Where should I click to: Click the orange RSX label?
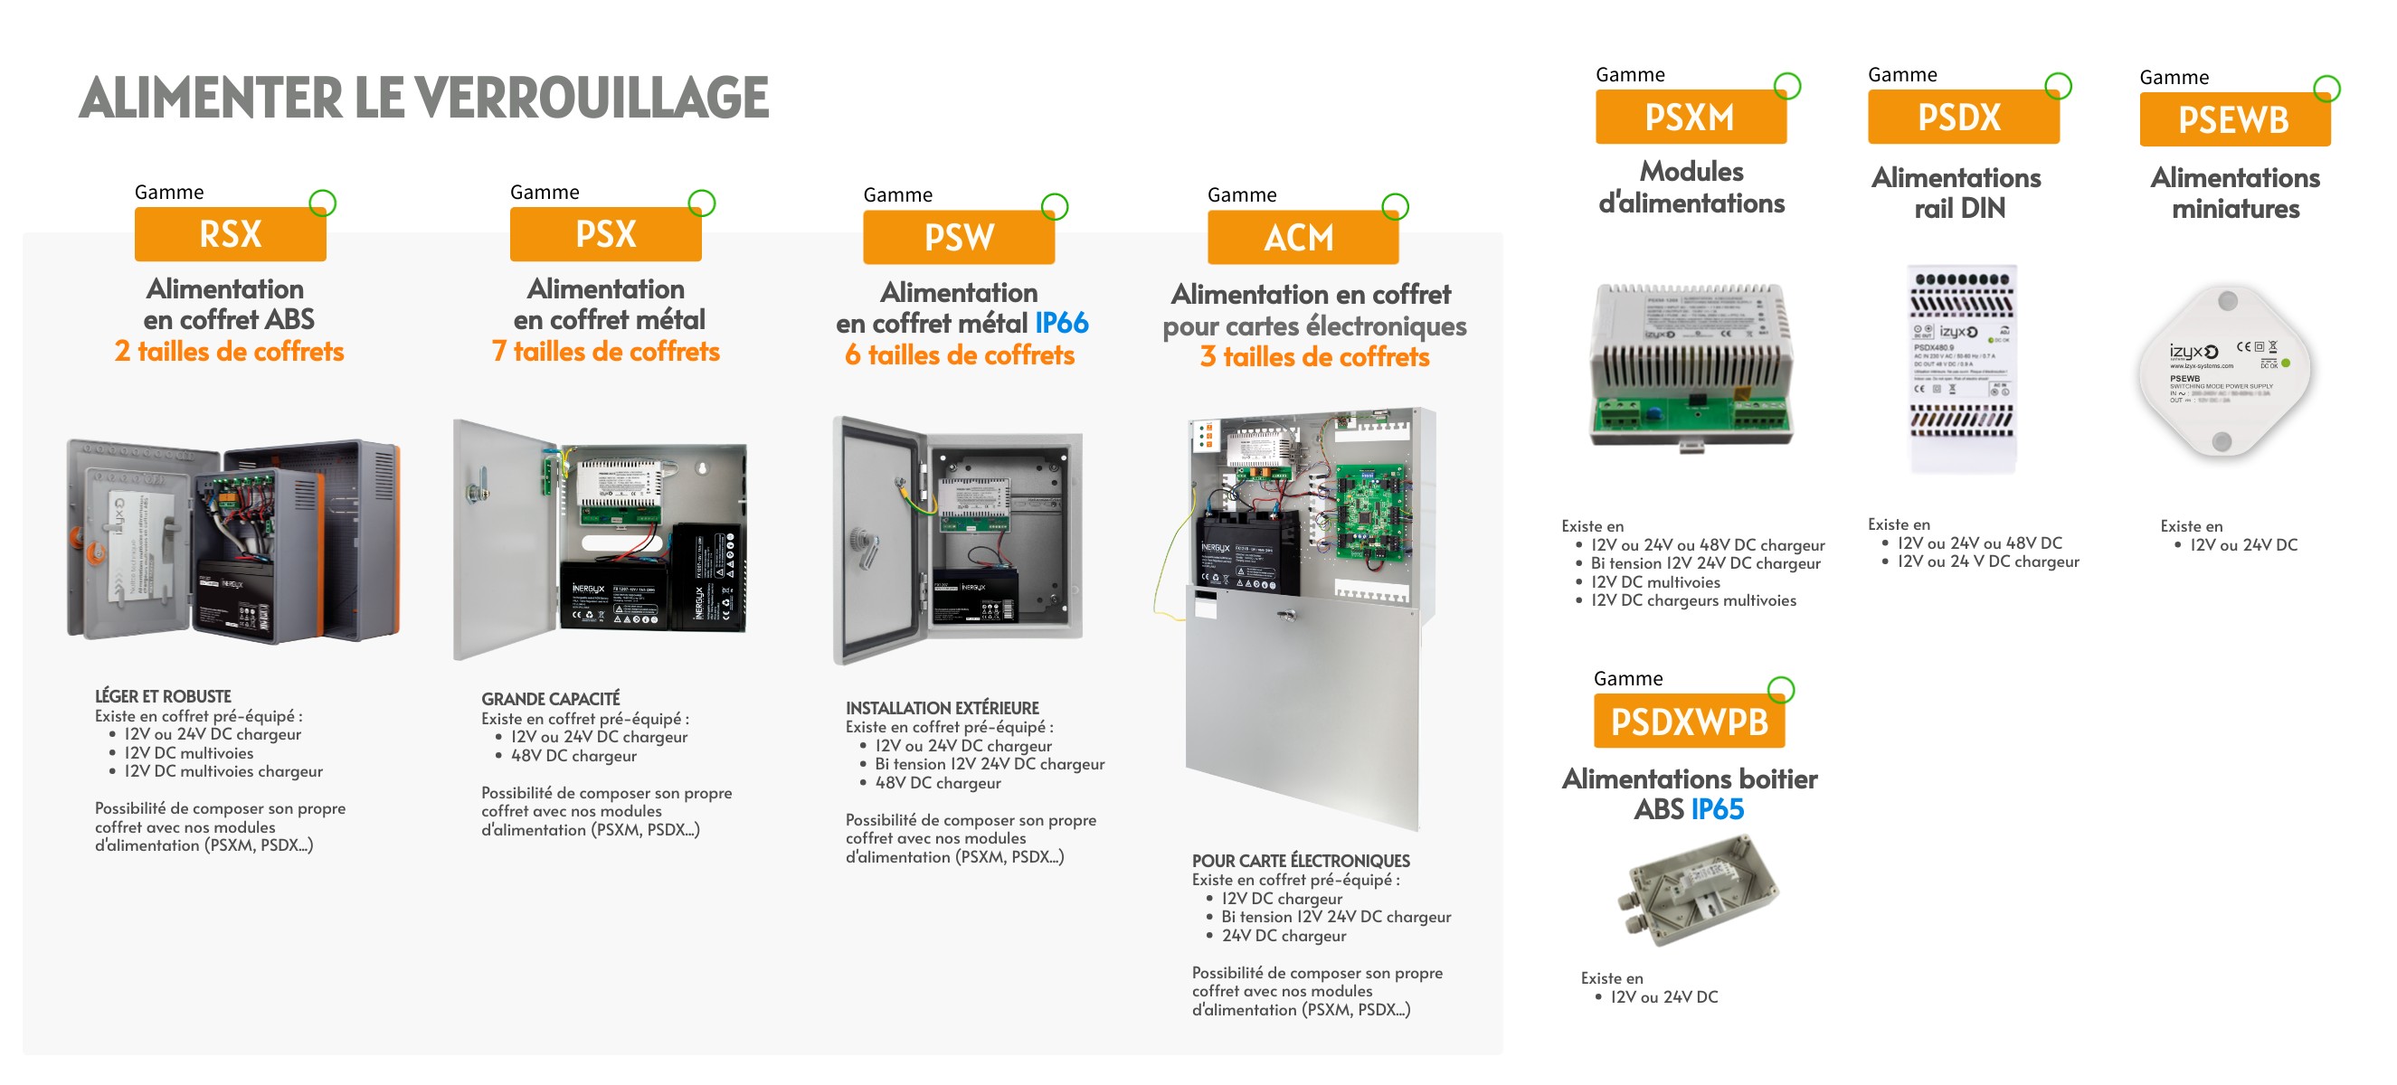pos(230,234)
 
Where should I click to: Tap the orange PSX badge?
pos(605,234)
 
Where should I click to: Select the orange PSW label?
pos(959,237)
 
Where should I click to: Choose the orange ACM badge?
pos(1302,237)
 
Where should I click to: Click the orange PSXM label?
pos(1690,118)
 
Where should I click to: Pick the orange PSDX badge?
pos(1963,118)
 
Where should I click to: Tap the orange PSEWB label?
pos(2233,120)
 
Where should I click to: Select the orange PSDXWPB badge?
pos(1688,722)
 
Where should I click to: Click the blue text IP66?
pos(1062,323)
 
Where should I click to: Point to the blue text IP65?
pos(1717,809)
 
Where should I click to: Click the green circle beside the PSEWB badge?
pos(2326,89)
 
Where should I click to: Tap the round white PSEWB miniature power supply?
pos(2225,371)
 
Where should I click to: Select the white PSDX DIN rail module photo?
pos(1962,368)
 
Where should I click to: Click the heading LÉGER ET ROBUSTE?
pos(163,696)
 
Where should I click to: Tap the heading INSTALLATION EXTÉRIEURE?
pos(942,708)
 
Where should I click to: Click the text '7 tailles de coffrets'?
pos(606,352)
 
